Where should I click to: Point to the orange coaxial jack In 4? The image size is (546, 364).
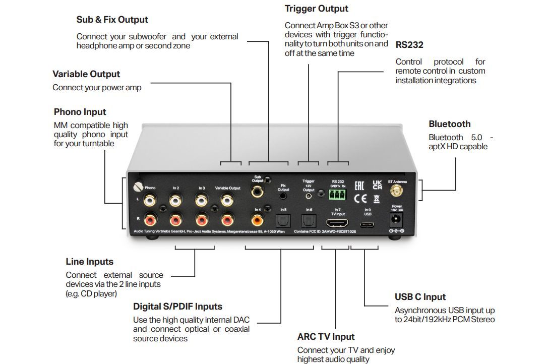257,220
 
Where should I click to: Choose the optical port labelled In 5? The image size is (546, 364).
282,220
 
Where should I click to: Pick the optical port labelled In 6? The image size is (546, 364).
308,220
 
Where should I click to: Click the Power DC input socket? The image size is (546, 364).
397,219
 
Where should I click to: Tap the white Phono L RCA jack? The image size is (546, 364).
150,201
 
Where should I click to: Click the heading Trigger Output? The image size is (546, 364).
316,9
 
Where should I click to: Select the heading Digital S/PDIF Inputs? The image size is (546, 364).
177,307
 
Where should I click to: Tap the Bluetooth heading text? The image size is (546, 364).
449,124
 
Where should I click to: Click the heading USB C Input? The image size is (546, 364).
420,297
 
